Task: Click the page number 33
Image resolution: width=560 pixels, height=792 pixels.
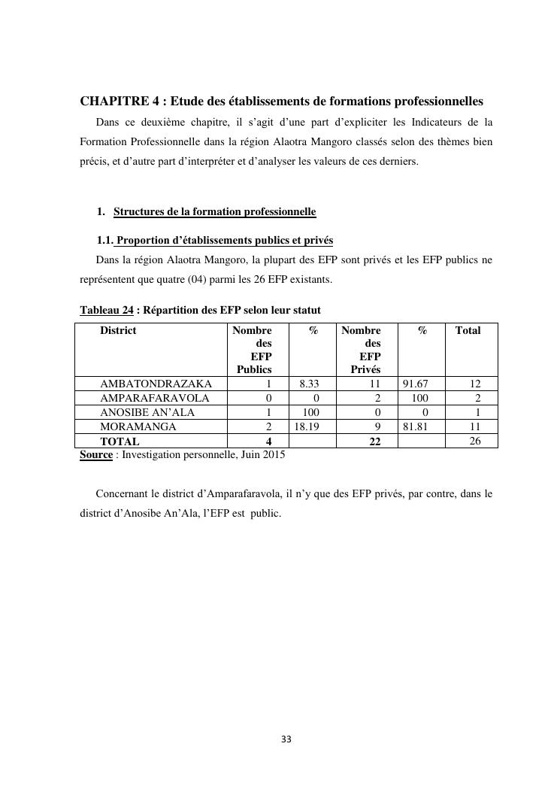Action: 286,739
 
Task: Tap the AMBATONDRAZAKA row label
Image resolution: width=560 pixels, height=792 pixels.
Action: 156,384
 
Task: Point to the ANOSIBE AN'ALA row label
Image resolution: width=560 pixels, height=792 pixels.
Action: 147,412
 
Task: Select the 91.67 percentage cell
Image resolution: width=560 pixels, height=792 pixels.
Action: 416,384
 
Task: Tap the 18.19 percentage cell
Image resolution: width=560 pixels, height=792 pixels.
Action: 307,426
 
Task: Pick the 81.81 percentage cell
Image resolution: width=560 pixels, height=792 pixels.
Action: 416,426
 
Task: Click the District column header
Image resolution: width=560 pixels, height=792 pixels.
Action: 118,330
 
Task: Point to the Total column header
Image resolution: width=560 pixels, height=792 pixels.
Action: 468,330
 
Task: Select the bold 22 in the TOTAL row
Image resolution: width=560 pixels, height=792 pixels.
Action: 374,442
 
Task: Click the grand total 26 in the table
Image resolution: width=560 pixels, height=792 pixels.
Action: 474,441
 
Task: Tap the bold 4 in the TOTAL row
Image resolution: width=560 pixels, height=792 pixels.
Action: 268,442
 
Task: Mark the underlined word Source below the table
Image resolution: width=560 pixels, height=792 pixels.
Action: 95,454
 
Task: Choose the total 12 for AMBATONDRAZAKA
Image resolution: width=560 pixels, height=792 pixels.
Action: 474,384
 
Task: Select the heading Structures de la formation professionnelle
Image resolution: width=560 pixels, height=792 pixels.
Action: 214,212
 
